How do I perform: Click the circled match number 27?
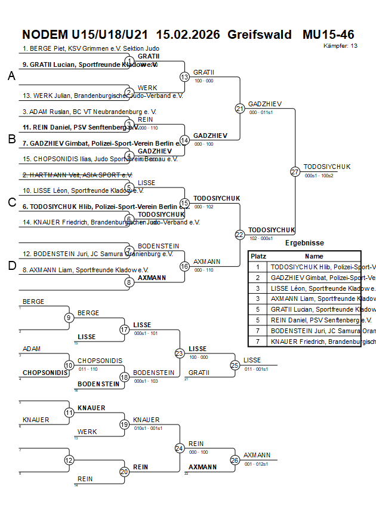point(295,171)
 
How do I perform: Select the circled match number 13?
point(184,77)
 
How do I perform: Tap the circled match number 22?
point(240,235)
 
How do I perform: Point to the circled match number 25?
point(235,365)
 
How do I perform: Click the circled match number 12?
point(69,460)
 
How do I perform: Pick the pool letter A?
point(11,76)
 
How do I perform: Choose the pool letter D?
point(11,266)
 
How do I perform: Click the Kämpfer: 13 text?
point(341,46)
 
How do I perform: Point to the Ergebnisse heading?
point(304,243)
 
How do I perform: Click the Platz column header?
point(258,256)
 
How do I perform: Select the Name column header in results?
point(314,256)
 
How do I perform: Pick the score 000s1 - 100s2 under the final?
point(319,176)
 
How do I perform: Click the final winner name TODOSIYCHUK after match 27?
point(327,167)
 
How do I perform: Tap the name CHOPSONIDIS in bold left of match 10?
point(45,373)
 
